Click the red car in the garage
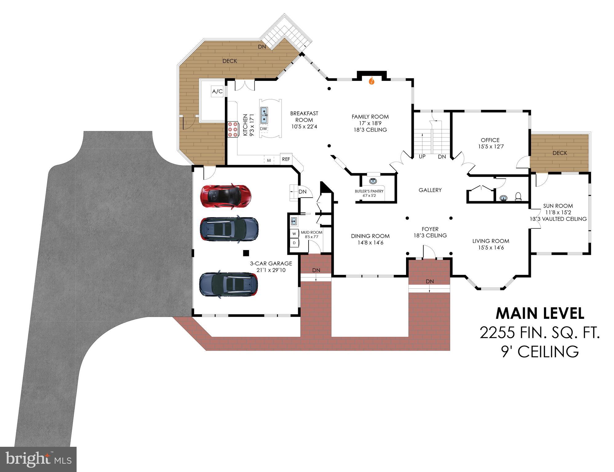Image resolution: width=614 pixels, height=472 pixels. click(x=225, y=196)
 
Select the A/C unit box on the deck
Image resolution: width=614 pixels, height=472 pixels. click(x=217, y=92)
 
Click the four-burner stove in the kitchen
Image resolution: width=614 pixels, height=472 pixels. click(x=233, y=129)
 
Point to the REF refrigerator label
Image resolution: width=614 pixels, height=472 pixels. click(x=286, y=159)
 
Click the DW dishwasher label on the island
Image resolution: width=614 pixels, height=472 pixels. click(x=263, y=129)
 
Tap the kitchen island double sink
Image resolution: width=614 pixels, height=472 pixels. click(x=264, y=115)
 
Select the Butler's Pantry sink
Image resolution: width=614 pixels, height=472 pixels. click(x=373, y=181)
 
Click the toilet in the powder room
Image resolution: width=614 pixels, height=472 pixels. click(x=518, y=196)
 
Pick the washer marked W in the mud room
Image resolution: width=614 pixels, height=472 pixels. click(x=294, y=234)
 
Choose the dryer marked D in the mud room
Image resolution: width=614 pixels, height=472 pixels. click(x=294, y=243)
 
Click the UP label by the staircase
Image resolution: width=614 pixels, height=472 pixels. click(x=422, y=157)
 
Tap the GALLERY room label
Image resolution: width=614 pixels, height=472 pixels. click(x=430, y=190)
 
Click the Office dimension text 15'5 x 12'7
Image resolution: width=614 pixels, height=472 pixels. click(x=491, y=147)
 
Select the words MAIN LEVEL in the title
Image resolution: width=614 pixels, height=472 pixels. click(x=540, y=314)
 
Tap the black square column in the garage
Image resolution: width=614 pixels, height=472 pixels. click(x=246, y=253)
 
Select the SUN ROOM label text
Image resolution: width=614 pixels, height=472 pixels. click(x=558, y=206)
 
